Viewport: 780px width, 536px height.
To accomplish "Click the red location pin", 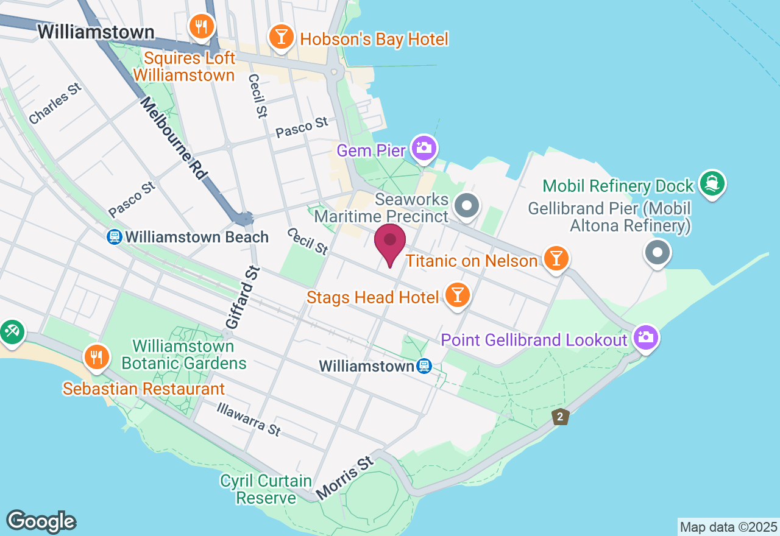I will [390, 242].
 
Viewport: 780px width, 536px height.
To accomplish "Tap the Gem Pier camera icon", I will [424, 148].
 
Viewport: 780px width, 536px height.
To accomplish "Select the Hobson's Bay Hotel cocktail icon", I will [281, 37].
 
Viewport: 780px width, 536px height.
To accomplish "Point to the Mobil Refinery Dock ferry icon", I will [712, 183].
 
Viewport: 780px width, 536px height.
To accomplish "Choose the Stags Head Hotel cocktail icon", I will [458, 295].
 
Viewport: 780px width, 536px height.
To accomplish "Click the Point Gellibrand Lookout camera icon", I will [645, 337].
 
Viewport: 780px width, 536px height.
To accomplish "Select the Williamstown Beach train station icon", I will [114, 237].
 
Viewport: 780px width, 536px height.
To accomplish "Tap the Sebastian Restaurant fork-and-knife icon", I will [96, 357].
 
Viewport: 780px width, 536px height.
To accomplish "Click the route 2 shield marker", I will [560, 417].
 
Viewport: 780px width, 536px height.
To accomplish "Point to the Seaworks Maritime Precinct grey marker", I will [467, 205].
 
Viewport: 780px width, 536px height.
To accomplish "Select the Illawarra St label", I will [249, 418].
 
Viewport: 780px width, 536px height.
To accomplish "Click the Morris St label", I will [344, 475].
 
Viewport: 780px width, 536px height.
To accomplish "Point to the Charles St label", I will [55, 104].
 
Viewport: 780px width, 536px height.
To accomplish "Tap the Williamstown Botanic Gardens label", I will [183, 355].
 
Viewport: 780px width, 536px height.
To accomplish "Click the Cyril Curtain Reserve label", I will [266, 489].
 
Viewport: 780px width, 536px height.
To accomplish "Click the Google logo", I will [41, 521].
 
